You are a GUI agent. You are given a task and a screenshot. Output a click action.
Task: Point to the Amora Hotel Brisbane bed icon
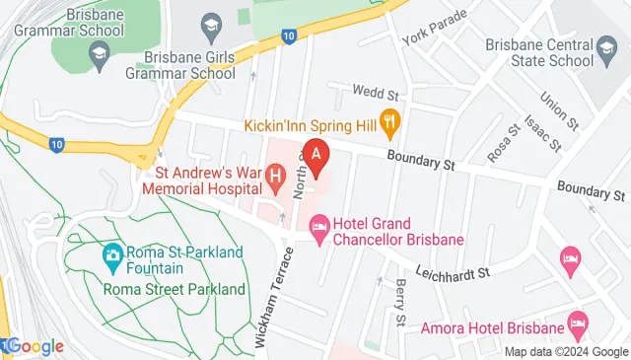[578, 324]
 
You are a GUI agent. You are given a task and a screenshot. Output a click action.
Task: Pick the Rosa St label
[502, 144]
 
